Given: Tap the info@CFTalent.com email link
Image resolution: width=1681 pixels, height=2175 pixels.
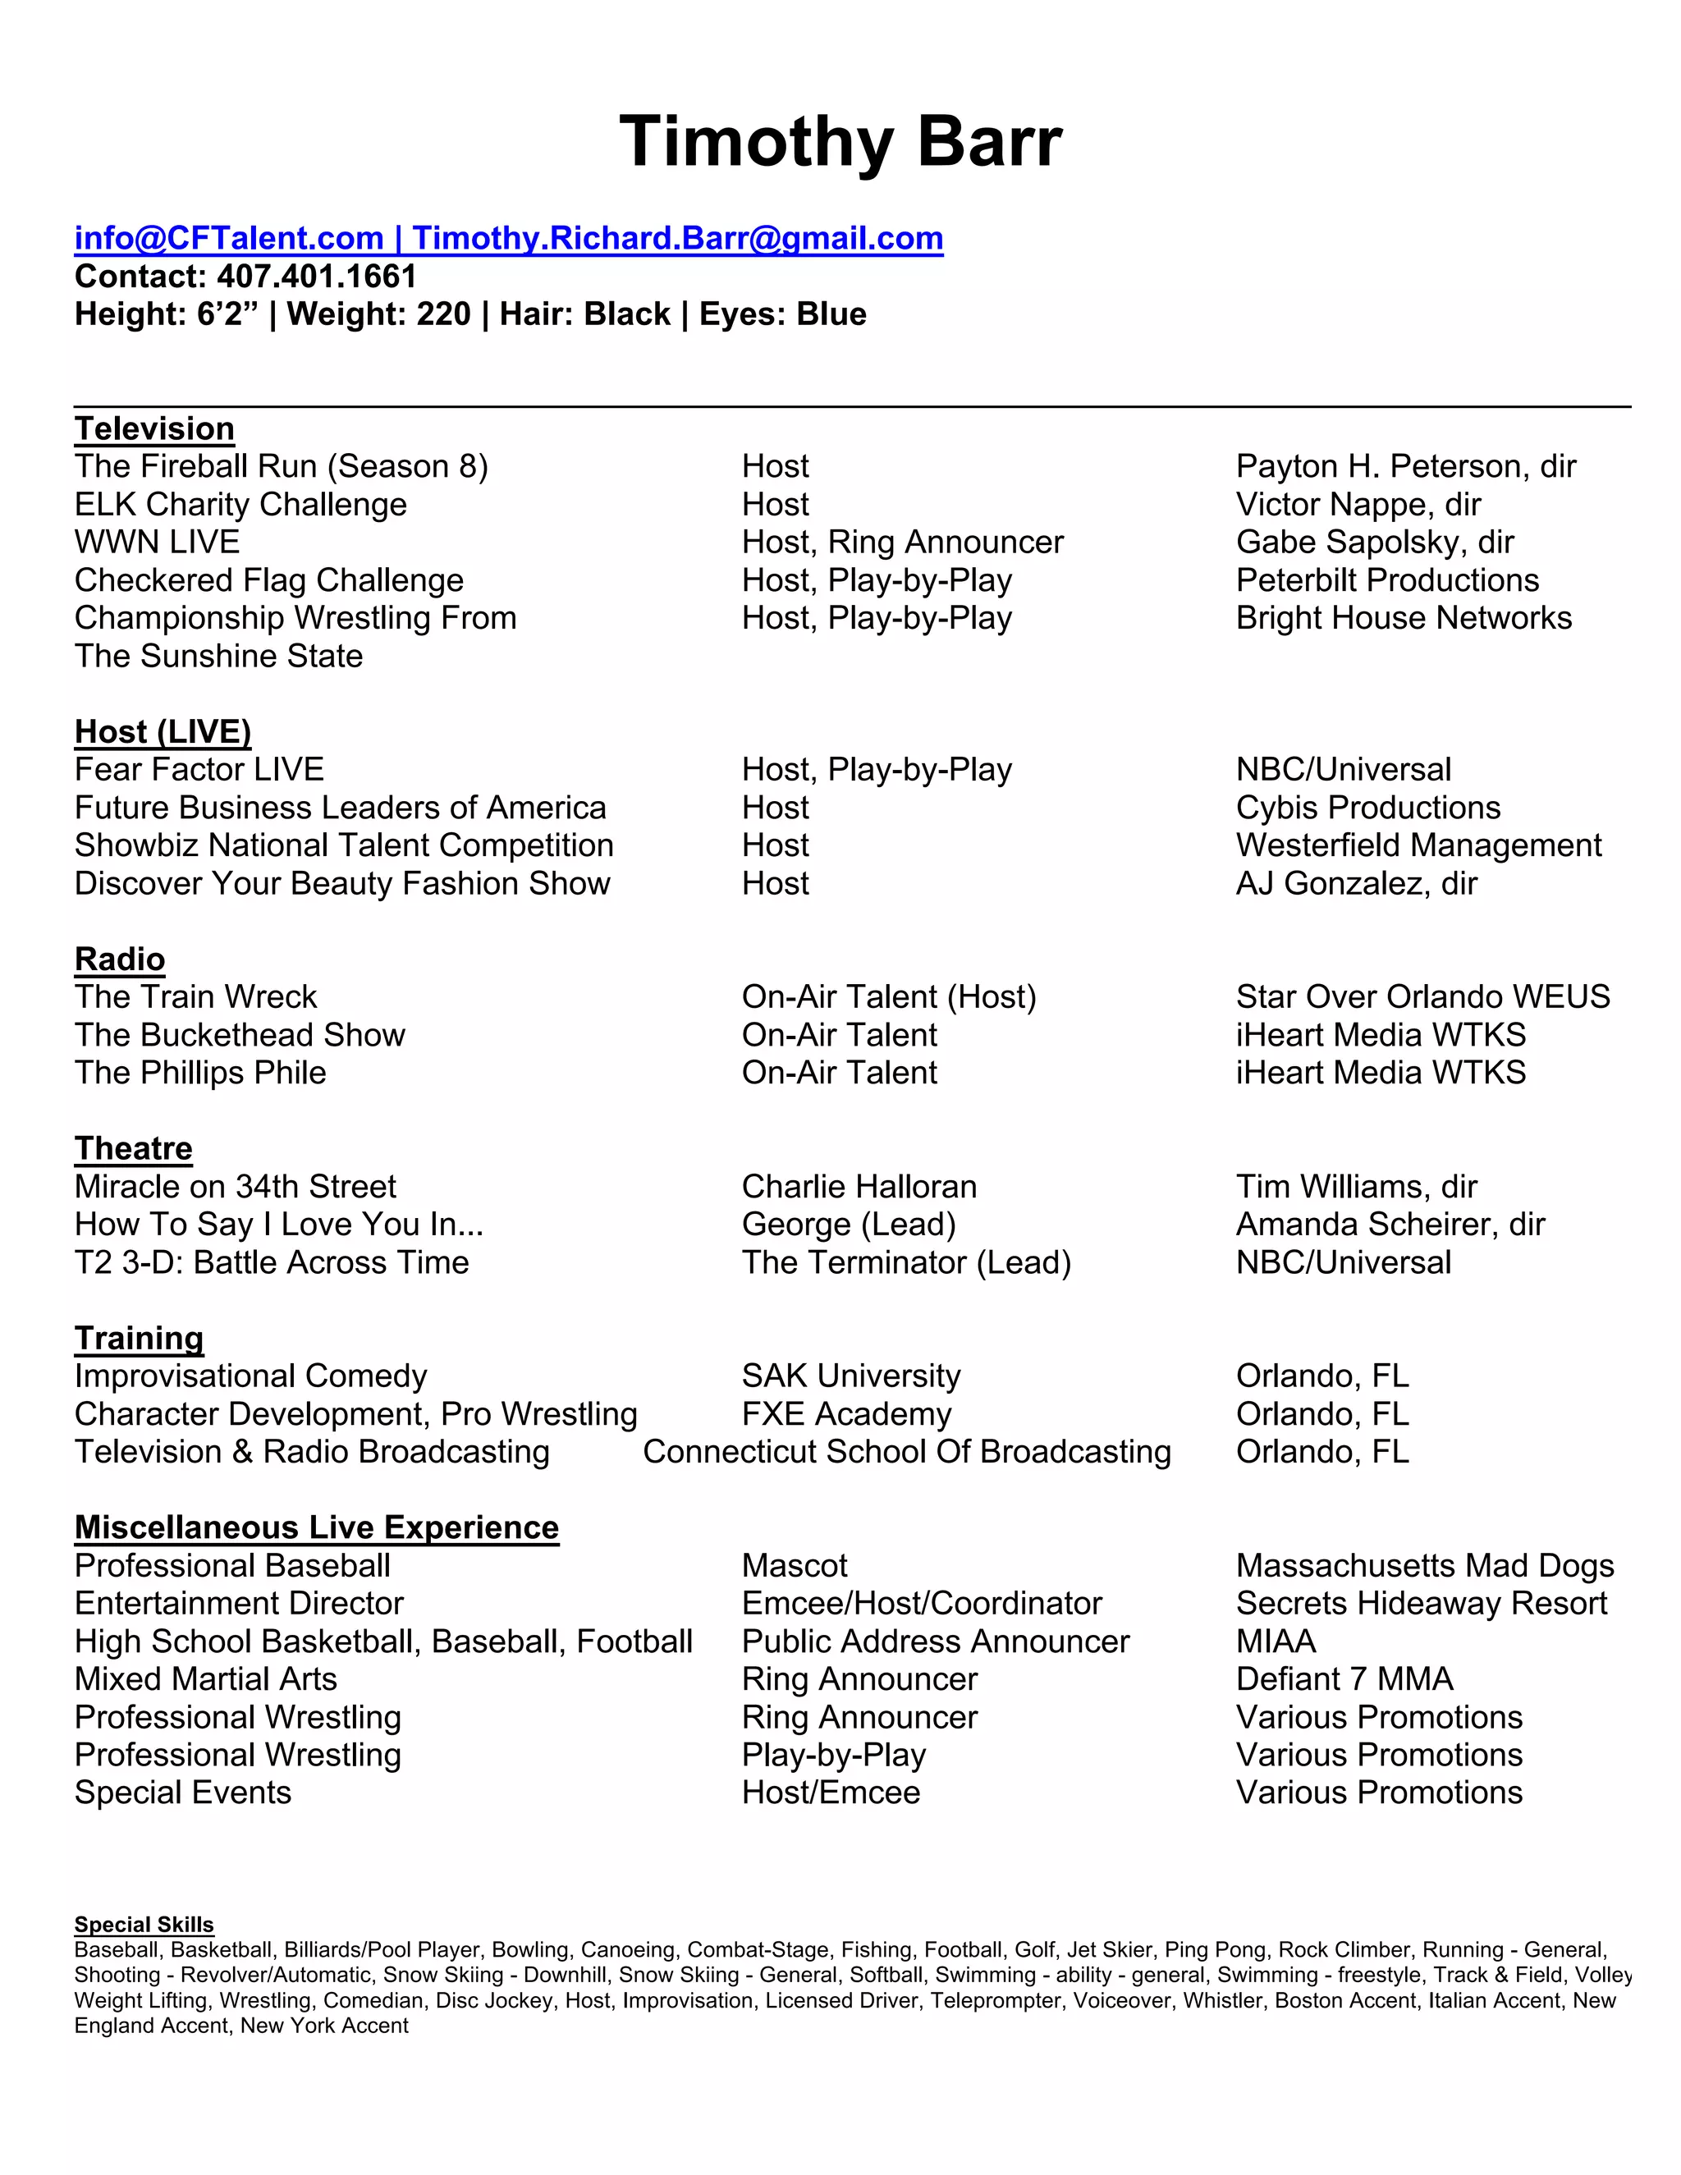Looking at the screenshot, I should coord(229,238).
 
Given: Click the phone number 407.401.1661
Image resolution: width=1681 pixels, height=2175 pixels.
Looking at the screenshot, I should coord(317,276).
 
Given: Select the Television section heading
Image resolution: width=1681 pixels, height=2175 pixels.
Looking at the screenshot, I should coord(154,428).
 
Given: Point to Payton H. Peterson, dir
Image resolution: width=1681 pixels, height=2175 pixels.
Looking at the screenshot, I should coord(1405,466).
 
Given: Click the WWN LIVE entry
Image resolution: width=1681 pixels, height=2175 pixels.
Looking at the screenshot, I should coord(158,542).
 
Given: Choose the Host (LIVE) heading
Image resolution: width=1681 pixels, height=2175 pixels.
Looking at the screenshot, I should coord(163,731).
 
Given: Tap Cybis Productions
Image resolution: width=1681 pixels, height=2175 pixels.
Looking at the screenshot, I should coord(1367,807).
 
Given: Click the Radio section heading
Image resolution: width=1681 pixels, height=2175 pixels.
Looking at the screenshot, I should coord(120,958).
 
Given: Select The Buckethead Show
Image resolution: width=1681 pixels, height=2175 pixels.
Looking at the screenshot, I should coord(239,1035).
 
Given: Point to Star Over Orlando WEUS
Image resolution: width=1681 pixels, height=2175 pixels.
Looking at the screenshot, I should coord(1422,997).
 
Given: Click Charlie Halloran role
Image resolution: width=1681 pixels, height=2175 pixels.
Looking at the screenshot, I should coord(859,1186).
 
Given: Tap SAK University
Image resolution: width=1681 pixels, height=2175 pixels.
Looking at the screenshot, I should coord(850,1376).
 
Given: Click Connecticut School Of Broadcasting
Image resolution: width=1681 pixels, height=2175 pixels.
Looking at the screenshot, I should coord(906,1451).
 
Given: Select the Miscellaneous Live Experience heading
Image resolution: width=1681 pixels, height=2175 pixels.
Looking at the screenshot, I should coord(317,1527).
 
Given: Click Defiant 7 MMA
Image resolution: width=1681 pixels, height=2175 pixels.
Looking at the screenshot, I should coord(1344,1679).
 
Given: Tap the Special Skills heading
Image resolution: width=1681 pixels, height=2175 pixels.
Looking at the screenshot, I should coord(144,1924).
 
